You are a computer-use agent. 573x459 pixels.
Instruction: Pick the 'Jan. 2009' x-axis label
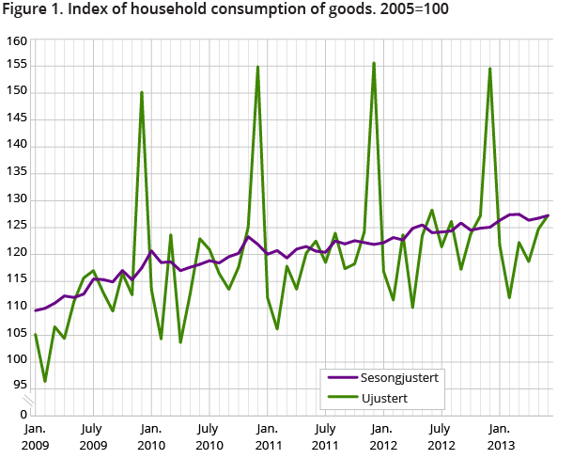pyautogui.click(x=35, y=435)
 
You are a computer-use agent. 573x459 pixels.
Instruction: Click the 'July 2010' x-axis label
pyautogui.click(x=209, y=435)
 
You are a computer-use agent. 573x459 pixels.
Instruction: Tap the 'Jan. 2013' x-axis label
pyautogui.click(x=500, y=435)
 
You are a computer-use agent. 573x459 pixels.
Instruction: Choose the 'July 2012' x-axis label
pyautogui.click(x=441, y=435)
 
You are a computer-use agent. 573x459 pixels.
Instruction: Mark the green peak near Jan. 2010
pyautogui.click(x=142, y=92)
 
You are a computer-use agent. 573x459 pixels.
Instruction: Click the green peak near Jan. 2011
pyautogui.click(x=257, y=67)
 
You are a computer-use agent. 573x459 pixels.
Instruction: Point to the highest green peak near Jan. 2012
pyautogui.click(x=374, y=63)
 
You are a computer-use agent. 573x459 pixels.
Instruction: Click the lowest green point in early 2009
pyautogui.click(x=45, y=381)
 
